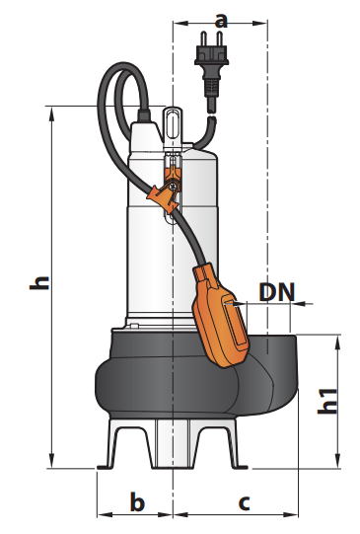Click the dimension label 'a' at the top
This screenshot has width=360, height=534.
221,21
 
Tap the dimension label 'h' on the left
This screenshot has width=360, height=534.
39,282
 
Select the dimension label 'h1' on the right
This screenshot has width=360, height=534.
327,401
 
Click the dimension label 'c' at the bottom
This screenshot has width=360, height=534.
244,503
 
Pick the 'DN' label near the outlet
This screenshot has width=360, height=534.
276,292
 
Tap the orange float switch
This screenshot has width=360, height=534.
221,317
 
